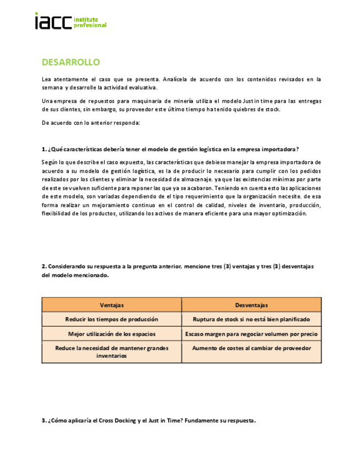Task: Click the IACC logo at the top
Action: point(70,21)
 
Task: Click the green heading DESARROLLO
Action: point(70,62)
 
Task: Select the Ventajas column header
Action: point(112,305)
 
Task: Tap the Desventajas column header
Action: point(251,305)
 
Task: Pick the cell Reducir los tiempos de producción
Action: point(112,319)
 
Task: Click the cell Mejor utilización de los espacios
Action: point(112,334)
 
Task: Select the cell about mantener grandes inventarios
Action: point(112,352)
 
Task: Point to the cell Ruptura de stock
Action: point(251,319)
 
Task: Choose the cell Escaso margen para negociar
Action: point(251,334)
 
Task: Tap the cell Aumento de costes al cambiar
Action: point(251,348)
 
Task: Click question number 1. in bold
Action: point(44,149)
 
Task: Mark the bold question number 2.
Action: point(44,266)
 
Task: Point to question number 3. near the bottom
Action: point(44,421)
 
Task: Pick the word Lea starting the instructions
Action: point(46,79)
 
